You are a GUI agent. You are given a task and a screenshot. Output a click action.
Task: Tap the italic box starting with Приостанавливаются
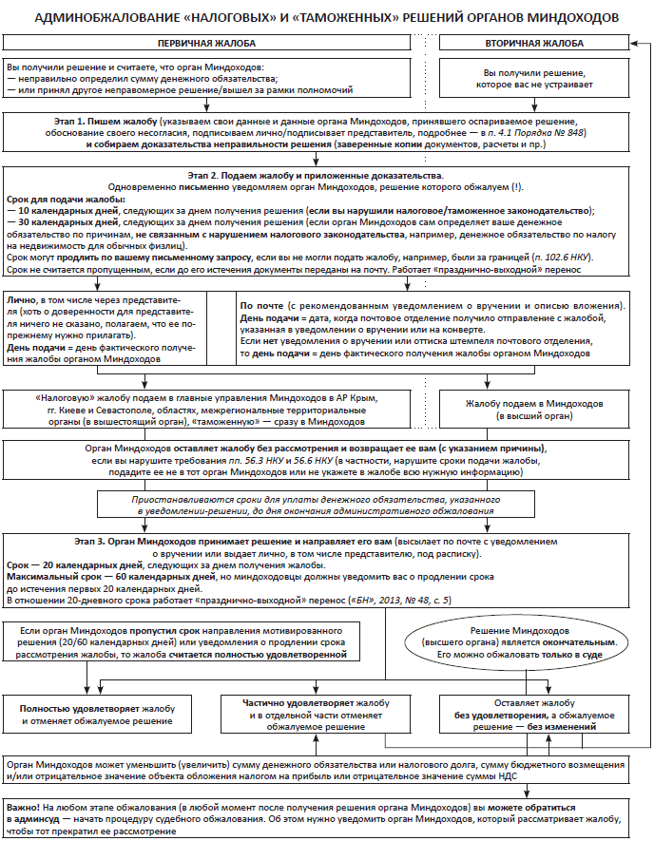click(325, 505)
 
